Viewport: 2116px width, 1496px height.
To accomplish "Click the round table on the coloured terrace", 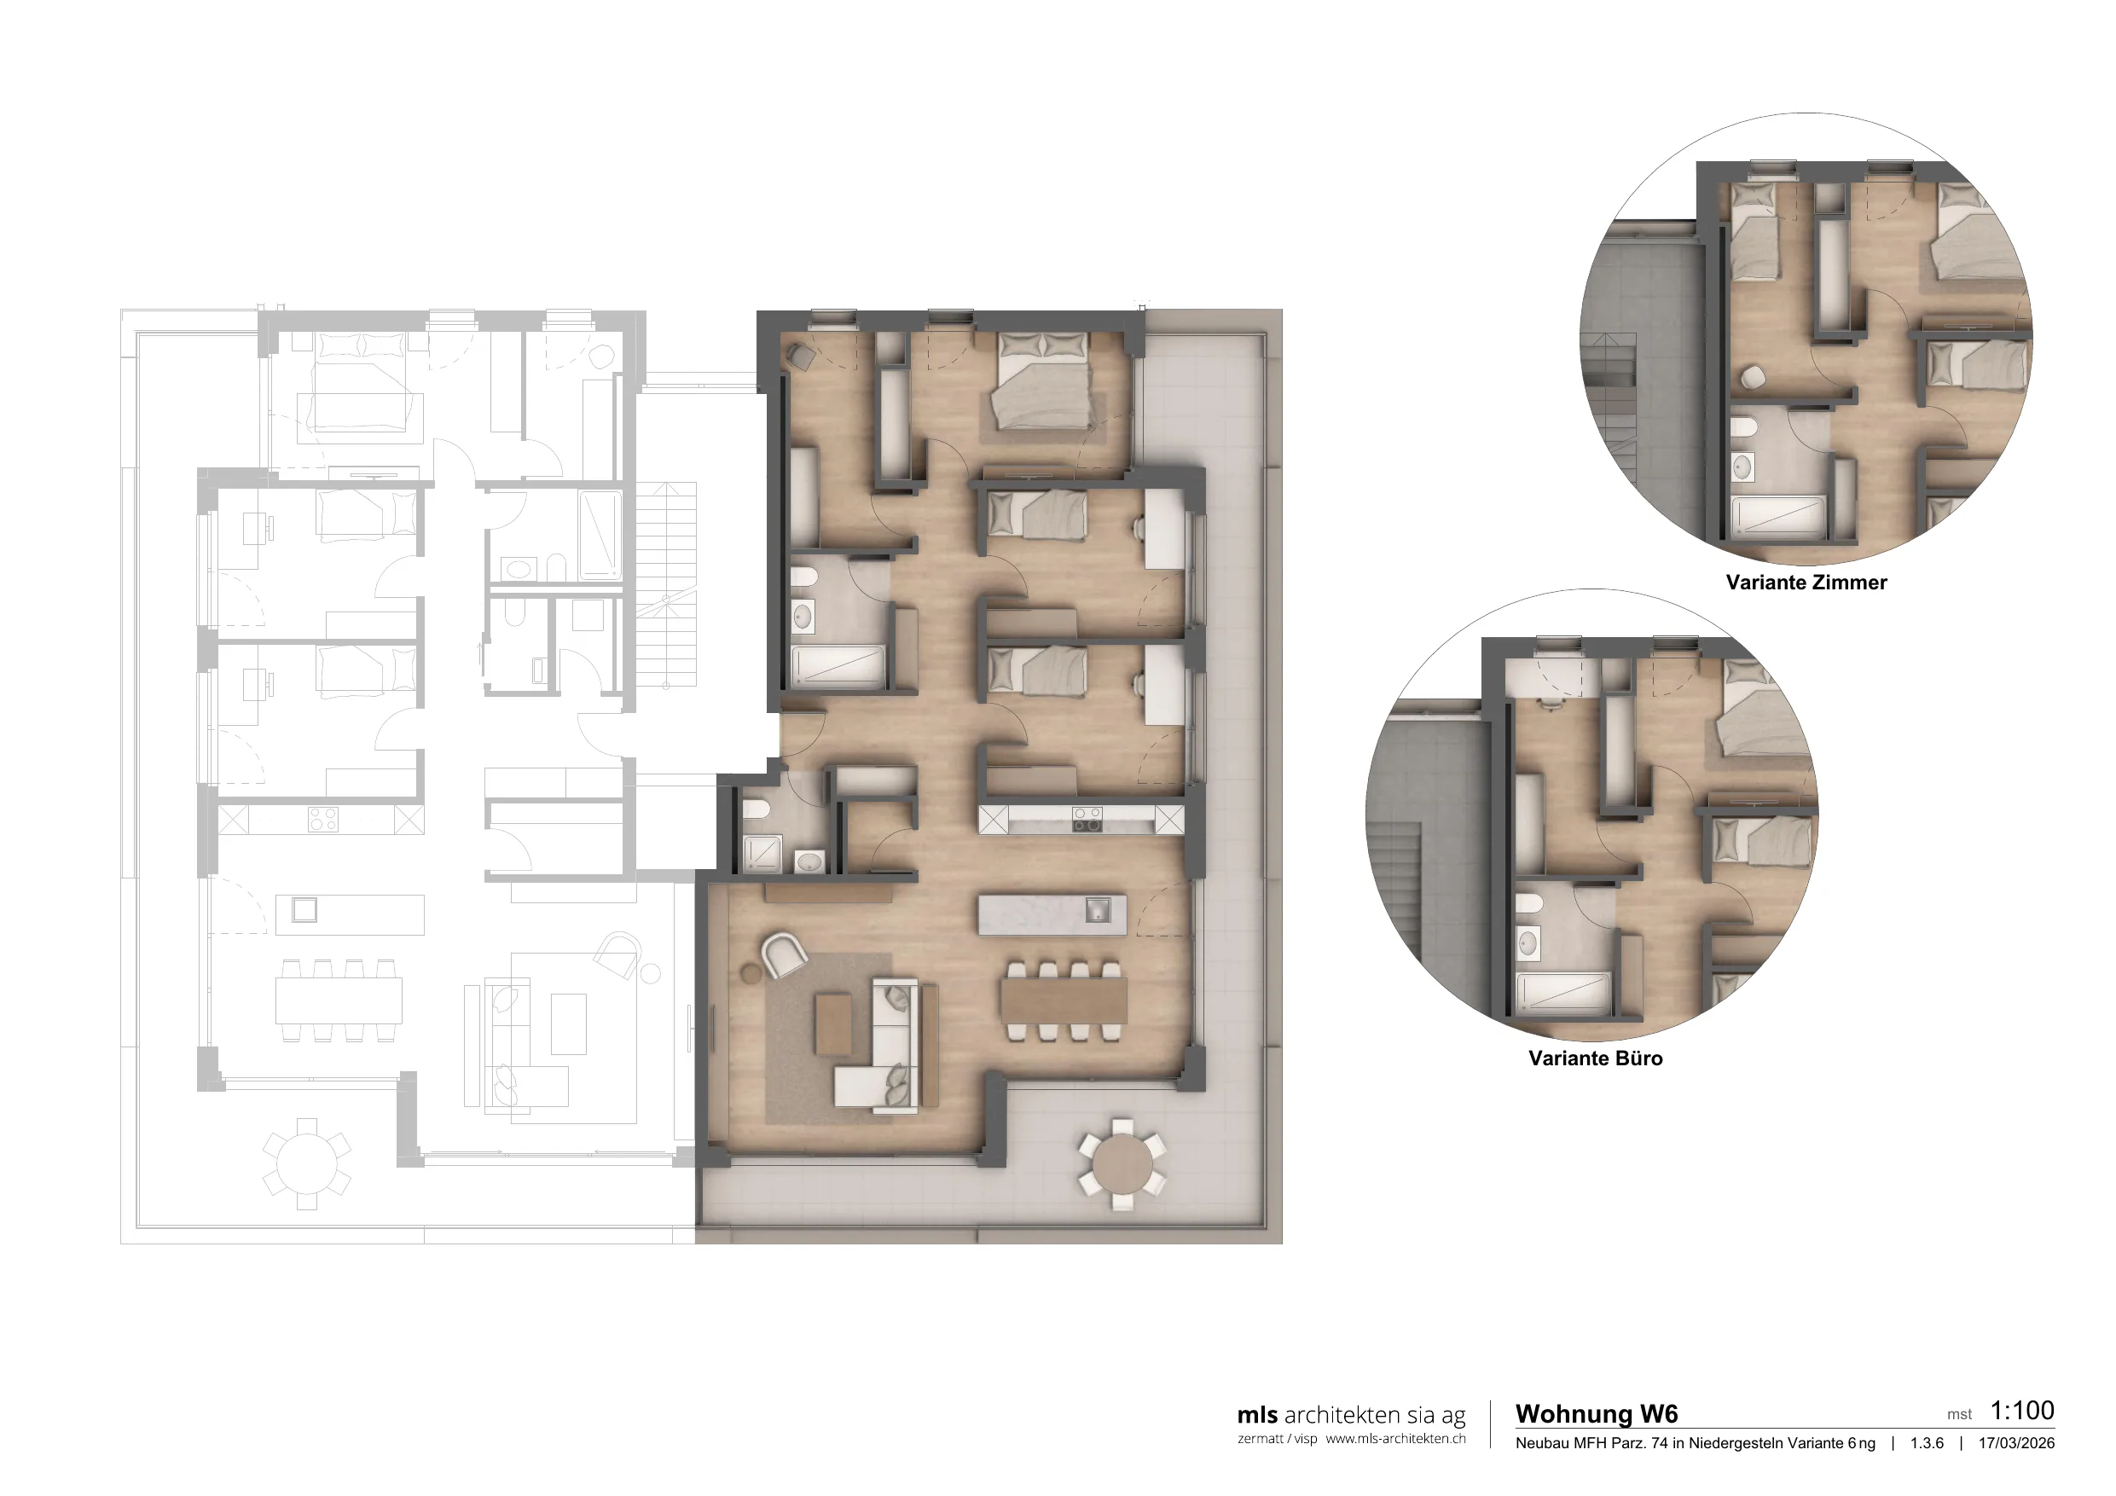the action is point(1122,1164).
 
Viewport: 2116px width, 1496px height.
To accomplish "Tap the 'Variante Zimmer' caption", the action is point(1806,583).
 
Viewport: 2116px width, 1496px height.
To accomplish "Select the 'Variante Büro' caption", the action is point(1595,1058).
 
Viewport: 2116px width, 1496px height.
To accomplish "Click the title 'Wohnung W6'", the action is point(1597,1414).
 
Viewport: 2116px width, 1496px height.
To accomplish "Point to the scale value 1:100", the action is point(2022,1410).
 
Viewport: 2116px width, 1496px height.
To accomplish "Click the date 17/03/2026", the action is point(2016,1443).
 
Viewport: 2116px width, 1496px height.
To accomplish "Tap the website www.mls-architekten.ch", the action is point(1395,1439).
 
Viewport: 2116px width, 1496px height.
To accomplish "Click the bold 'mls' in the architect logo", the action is point(1257,1415).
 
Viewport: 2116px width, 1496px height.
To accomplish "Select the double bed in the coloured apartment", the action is point(1043,380).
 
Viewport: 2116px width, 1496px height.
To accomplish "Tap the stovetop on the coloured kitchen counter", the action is point(1087,820).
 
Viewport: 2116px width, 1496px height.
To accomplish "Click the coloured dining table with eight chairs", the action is point(1064,1000).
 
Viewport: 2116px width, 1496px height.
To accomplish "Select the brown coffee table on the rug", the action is point(834,1023).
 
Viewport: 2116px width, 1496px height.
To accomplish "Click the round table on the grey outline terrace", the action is point(306,1164).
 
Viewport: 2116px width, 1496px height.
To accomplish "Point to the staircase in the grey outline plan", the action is point(666,584).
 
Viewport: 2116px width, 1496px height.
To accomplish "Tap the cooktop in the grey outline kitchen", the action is point(322,820).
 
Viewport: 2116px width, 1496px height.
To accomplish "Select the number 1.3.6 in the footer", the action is point(1927,1443).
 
